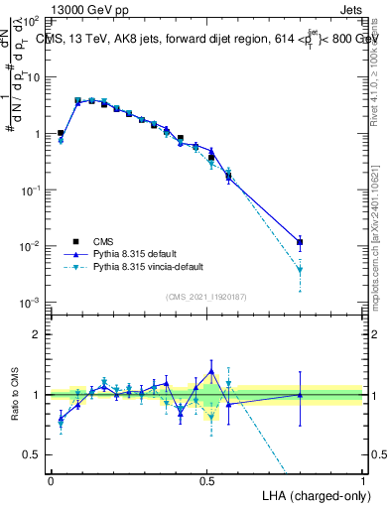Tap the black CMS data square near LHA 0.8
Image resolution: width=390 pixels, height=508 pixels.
(x=300, y=242)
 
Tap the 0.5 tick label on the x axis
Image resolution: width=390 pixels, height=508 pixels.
(x=206, y=479)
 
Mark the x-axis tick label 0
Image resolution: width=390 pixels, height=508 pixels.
(x=51, y=479)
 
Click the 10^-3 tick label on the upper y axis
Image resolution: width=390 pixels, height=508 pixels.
(x=29, y=302)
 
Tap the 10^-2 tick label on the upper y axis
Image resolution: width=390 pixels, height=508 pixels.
(x=29, y=246)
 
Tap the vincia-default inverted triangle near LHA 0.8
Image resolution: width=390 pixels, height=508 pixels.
(x=300, y=269)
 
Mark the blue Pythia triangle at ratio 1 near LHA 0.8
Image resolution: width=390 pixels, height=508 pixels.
(x=300, y=395)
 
